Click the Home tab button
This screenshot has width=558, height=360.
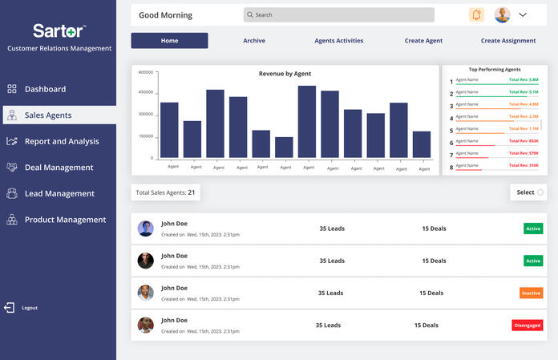pyautogui.click(x=169, y=41)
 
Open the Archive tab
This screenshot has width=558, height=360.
pyautogui.click(x=253, y=41)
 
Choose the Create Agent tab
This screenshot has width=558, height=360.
pyautogui.click(x=423, y=41)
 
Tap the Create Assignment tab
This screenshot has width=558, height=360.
pyautogui.click(x=507, y=41)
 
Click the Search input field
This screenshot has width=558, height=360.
pyautogui.click(x=338, y=14)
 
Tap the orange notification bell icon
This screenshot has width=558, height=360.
pyautogui.click(x=477, y=14)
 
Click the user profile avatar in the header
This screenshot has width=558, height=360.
pyautogui.click(x=502, y=14)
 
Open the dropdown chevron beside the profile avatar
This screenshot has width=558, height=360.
pyautogui.click(x=523, y=14)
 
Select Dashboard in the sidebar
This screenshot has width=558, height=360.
pyautogui.click(x=45, y=89)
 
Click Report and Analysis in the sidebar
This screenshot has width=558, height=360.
pyautogui.click(x=62, y=141)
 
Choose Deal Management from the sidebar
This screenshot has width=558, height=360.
pyautogui.click(x=59, y=168)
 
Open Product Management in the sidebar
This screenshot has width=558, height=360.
pyautogui.click(x=65, y=220)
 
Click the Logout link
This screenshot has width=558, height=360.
pyautogui.click(x=30, y=308)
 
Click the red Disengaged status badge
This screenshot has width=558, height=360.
pyautogui.click(x=527, y=325)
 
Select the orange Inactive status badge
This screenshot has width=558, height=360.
pyautogui.click(x=531, y=293)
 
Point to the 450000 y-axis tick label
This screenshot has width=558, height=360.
pyautogui.click(x=145, y=93)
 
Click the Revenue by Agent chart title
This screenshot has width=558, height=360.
pyautogui.click(x=285, y=74)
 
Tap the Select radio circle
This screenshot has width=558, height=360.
pyautogui.click(x=540, y=192)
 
